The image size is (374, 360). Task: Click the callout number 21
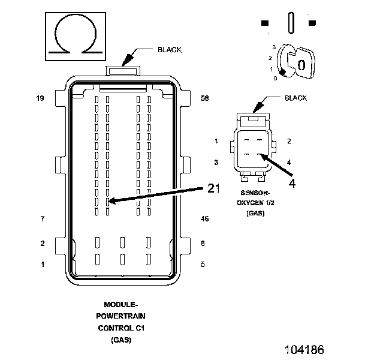click(x=214, y=188)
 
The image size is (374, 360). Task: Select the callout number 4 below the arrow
click(x=292, y=184)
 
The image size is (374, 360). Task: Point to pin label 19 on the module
click(x=40, y=97)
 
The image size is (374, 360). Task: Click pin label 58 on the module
click(x=205, y=97)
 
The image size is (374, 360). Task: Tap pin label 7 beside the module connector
click(x=43, y=219)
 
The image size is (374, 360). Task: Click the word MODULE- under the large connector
click(x=121, y=305)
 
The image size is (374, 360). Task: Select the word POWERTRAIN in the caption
click(x=121, y=316)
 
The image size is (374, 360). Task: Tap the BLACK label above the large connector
click(x=170, y=50)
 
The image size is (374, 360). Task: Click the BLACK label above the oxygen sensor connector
click(x=295, y=98)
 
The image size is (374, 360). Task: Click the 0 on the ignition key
click(x=301, y=65)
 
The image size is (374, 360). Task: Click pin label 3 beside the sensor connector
click(x=216, y=163)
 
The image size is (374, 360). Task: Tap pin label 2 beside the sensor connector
click(x=289, y=141)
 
